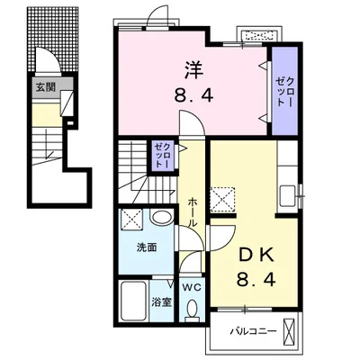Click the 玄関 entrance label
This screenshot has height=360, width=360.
click(46, 87)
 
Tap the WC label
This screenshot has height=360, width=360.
click(192, 287)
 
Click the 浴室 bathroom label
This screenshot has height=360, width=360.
click(162, 302)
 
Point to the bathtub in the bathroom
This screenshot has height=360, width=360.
click(133, 301)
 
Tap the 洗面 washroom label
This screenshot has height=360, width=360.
click(147, 247)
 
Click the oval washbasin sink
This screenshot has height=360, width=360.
click(161, 217)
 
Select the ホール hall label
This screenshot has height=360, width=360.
click(192, 212)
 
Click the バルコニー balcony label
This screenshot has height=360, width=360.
click(254, 331)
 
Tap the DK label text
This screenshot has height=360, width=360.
click(256, 256)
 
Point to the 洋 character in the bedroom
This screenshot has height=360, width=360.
click(193, 70)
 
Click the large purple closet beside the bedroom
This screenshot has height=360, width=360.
click(284, 91)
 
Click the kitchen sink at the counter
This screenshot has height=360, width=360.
click(288, 196)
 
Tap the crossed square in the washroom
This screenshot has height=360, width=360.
click(131, 220)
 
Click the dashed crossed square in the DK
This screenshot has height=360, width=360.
click(222, 199)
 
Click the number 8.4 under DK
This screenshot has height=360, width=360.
click(256, 281)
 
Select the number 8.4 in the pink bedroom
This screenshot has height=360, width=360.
click(193, 96)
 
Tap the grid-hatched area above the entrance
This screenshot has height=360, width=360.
click(53, 39)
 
